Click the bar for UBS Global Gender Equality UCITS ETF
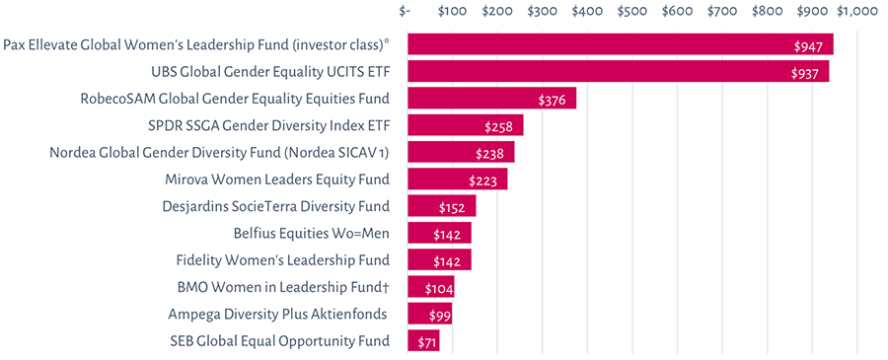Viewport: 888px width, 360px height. coord(618,72)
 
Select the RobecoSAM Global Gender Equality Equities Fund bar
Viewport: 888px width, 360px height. coord(491,99)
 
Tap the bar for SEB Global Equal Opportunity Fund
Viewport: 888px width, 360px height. coord(423,341)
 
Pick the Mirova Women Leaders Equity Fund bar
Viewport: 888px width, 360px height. coord(457,180)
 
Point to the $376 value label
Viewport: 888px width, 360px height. coord(554,100)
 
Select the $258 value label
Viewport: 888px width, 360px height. coord(500,127)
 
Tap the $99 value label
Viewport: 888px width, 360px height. coord(439,316)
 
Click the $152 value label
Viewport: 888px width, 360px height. coord(454,208)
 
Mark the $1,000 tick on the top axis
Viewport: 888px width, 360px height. coord(856,12)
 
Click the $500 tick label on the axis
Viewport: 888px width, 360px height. coord(631,12)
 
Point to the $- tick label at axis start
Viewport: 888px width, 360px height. coord(406,12)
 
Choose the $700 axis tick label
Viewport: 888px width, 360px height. coord(721,12)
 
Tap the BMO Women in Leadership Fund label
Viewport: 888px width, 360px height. coord(283,288)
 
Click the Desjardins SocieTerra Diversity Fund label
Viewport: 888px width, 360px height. coord(275,206)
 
